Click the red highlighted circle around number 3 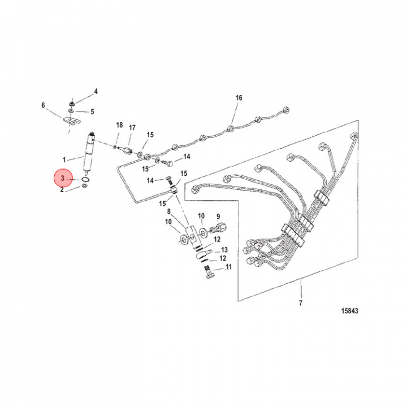click(x=63, y=179)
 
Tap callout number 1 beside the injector click(x=64, y=159)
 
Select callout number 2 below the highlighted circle click(x=62, y=190)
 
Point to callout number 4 click(x=96, y=91)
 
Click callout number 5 click(x=93, y=111)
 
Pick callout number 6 click(x=43, y=105)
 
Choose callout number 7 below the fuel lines click(x=301, y=304)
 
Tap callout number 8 click(x=168, y=211)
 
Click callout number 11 click(x=229, y=266)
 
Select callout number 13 click(x=224, y=249)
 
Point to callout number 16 click(x=239, y=98)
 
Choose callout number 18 click(x=119, y=124)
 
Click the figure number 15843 click(x=350, y=311)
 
